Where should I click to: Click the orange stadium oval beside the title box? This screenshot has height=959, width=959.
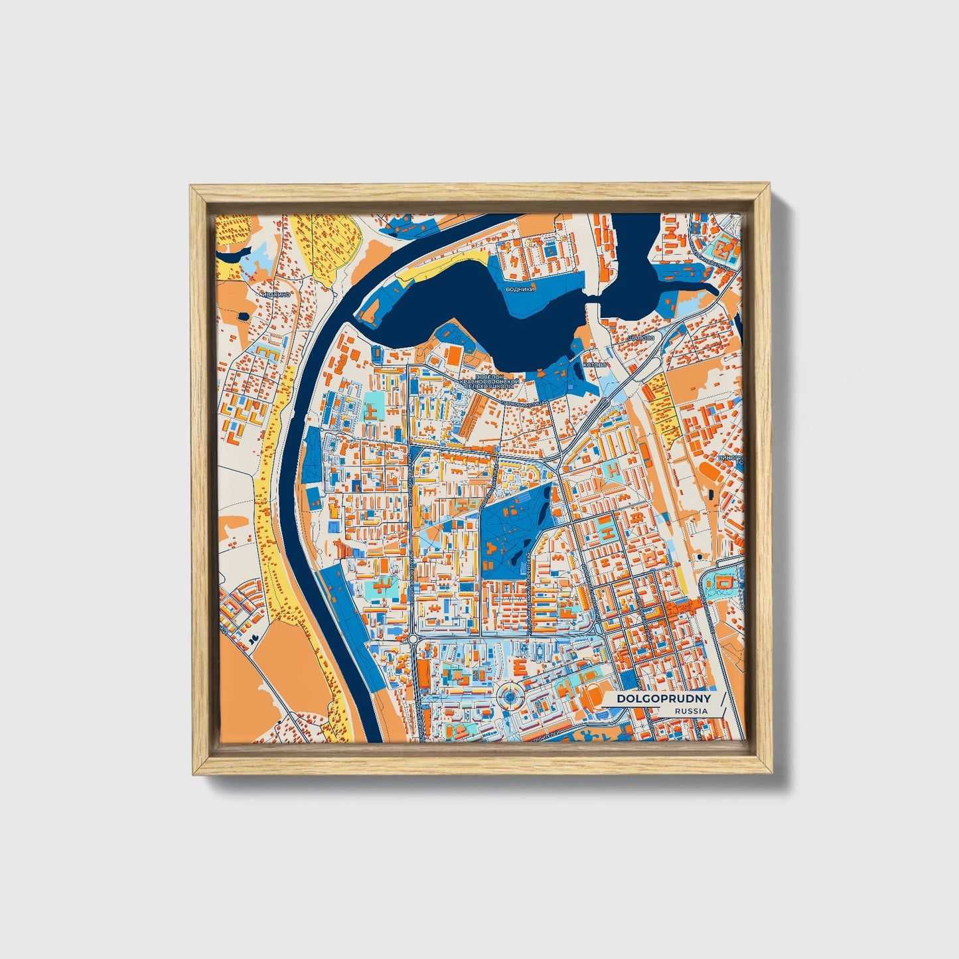[592, 698]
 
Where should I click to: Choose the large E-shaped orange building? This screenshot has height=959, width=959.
[521, 666]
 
